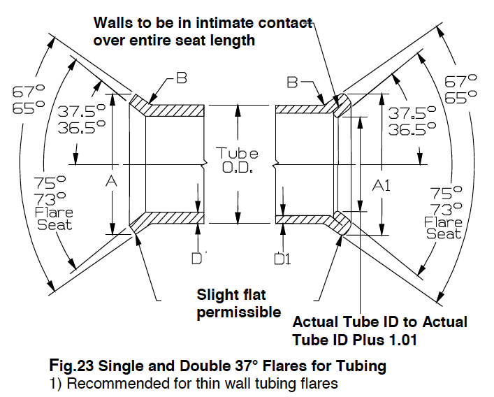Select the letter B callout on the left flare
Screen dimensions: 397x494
(181, 78)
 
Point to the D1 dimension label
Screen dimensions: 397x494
(282, 259)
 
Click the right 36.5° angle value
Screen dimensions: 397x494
(403, 129)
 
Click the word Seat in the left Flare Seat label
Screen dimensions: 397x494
(55, 225)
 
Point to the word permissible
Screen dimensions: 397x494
(239, 312)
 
